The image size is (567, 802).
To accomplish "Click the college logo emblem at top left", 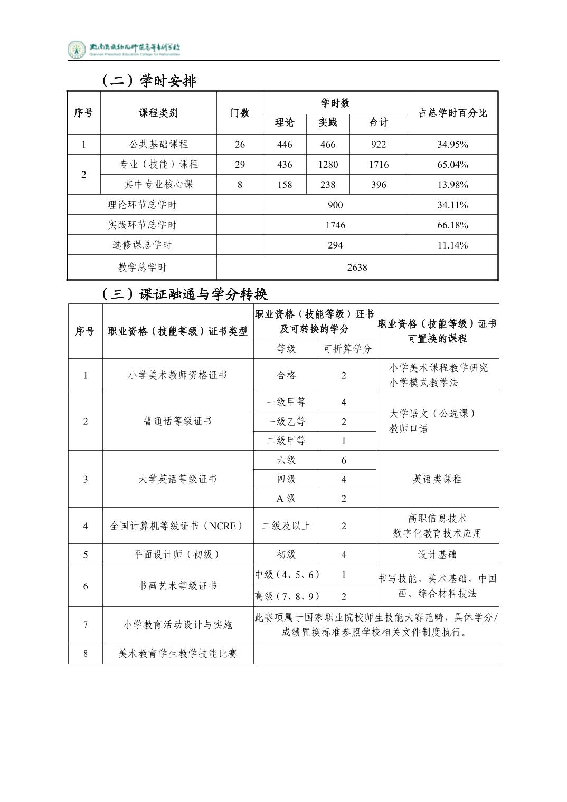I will pos(77,49).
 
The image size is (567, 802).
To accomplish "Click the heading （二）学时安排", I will pos(148,81).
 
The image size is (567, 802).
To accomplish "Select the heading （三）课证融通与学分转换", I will pos(184,294).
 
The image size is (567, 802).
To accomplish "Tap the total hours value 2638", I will pos(357,268).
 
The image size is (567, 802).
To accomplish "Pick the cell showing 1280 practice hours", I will pos(328,165).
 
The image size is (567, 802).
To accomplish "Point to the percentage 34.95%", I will pos(452,145).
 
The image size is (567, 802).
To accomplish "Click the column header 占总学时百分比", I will pos(452,113).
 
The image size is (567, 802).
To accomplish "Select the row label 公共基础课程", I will pos(158,145).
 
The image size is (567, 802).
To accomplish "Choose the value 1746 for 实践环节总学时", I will pos(335,225).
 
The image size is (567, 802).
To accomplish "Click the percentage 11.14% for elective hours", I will pos(452,245).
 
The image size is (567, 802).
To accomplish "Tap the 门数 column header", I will pos(240,113).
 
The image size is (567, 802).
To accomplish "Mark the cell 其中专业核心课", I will pos(158,185).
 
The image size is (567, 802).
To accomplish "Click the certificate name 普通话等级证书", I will pos(178,421).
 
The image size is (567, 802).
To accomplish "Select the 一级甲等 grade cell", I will pos(286,402).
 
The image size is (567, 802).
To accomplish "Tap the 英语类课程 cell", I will pos(437,479).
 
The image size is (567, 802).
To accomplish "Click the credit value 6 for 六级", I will pos(344,461).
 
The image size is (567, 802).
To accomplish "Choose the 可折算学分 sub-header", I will pos(347,349).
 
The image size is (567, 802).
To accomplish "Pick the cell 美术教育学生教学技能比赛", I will pos(178,654).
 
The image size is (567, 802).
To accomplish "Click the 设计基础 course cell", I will pos(437,555).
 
